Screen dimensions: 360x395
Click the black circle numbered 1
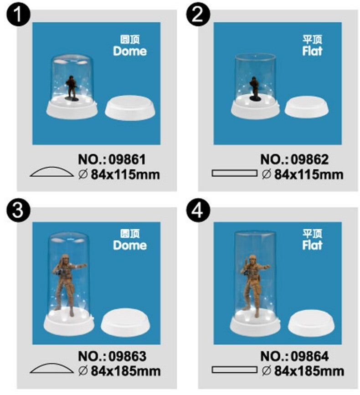click(18, 14)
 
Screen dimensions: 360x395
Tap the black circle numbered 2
click(198, 14)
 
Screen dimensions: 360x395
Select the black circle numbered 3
click(18, 210)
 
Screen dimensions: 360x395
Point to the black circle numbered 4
click(198, 210)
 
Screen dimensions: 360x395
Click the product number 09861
click(127, 159)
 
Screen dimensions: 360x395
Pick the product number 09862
click(310, 159)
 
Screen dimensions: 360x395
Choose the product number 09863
click(128, 356)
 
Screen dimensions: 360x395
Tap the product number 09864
click(310, 356)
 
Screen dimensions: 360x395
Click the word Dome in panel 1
click(130, 51)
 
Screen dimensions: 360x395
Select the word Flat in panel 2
click(312, 51)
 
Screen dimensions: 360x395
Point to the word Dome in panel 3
click(130, 245)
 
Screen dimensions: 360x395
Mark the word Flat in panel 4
click(312, 245)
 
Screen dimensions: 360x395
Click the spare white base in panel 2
click(307, 107)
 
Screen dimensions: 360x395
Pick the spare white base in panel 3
click(125, 323)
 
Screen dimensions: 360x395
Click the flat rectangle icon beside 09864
click(234, 370)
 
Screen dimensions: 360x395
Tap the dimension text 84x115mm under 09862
click(309, 174)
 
